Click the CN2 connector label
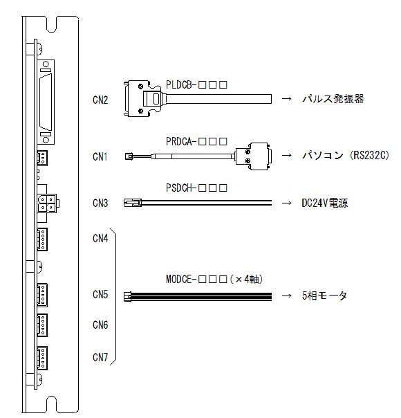100,100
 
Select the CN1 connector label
100,156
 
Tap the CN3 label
100,203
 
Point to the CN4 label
100,238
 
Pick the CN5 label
100,295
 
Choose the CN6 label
100,325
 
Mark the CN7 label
100,357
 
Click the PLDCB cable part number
196,84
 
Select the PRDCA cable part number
196,142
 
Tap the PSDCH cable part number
196,188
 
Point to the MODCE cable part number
214,280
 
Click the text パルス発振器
333,99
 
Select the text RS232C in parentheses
370,156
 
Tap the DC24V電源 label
325,203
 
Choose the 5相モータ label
324,296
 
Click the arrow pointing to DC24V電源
286,203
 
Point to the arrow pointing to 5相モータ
286,296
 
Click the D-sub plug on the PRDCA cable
253,156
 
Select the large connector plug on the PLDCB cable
142,99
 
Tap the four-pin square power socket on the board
48,203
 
